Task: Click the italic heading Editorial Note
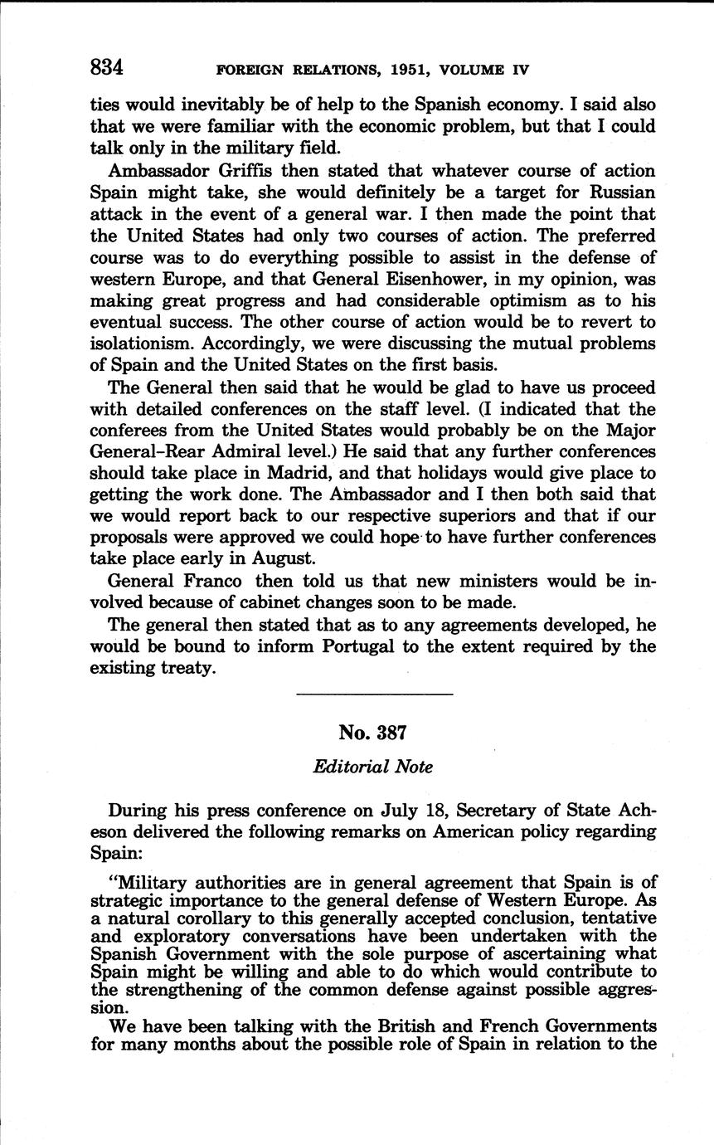click(x=372, y=767)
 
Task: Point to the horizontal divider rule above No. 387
click(x=374, y=694)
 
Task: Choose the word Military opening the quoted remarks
click(x=161, y=883)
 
